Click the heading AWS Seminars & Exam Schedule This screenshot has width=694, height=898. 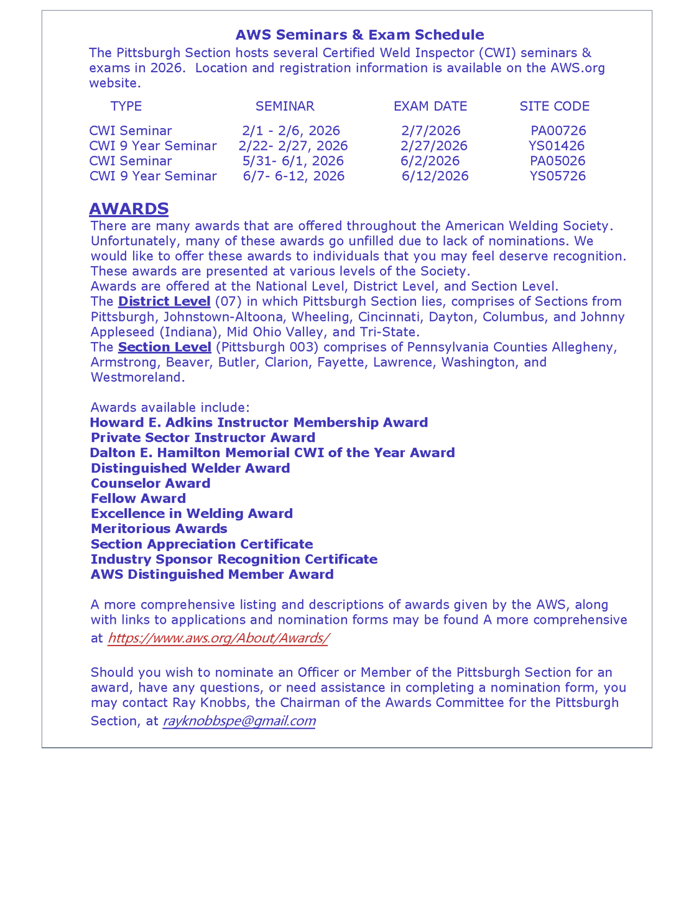coord(359,35)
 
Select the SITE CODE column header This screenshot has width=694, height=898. coord(554,106)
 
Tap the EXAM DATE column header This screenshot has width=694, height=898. coord(430,106)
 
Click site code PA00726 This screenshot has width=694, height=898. coord(558,131)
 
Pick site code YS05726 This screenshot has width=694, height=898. coord(557,176)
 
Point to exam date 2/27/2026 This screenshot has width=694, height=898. coord(433,146)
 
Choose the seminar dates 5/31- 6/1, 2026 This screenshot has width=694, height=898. coord(293,161)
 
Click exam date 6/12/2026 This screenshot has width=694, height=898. coord(435,176)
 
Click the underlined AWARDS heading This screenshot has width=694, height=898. coord(129,208)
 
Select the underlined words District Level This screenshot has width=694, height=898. coord(164,302)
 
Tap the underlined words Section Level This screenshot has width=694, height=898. coord(164,347)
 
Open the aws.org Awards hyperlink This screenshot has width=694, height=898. coord(218,638)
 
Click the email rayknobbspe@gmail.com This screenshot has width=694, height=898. coord(239,721)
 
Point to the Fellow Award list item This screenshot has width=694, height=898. coord(138,499)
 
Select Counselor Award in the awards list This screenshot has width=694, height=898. coord(150,483)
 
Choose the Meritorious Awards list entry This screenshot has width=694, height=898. coord(159,529)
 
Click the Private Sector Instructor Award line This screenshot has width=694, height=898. coord(203,438)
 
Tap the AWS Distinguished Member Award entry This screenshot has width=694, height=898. coord(212,575)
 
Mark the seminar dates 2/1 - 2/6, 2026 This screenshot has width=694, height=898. coord(291,131)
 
